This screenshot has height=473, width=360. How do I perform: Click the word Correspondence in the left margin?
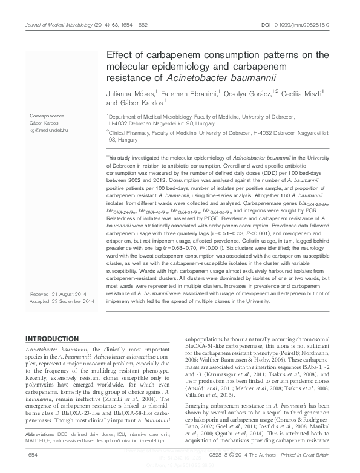(46, 114)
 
